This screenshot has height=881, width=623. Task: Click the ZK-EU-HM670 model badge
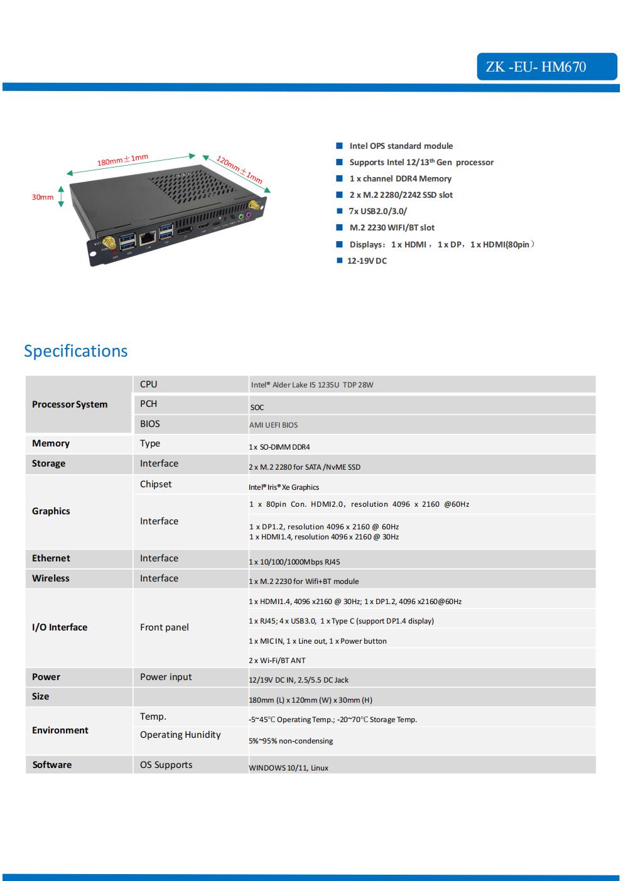coord(547,67)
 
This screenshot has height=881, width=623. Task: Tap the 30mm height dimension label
coord(43,197)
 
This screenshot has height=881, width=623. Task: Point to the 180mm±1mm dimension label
coord(122,159)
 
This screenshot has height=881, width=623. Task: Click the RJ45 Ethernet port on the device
coord(148,237)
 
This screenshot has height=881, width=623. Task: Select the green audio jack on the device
coord(241,217)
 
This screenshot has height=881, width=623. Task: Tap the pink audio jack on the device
coord(248,215)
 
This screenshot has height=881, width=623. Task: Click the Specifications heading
coord(75,351)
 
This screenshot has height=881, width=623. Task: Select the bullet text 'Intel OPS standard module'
coord(401,146)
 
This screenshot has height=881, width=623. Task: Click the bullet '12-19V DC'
coord(367,261)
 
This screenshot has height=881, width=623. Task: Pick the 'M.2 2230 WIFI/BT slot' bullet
coord(392,228)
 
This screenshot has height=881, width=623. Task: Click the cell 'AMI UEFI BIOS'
coord(273,425)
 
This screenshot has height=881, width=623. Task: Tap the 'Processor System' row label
coord(70,404)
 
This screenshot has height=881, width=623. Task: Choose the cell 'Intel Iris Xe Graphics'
coord(284,487)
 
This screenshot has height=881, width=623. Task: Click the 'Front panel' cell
coord(164,627)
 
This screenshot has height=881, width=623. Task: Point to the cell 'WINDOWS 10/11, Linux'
coord(288,768)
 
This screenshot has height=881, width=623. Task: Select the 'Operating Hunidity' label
coord(180,735)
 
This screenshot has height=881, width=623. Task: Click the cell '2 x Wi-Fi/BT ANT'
coord(277,661)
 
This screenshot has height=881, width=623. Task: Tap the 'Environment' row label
coord(60,730)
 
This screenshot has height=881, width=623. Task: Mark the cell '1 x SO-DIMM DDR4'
coord(279,447)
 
